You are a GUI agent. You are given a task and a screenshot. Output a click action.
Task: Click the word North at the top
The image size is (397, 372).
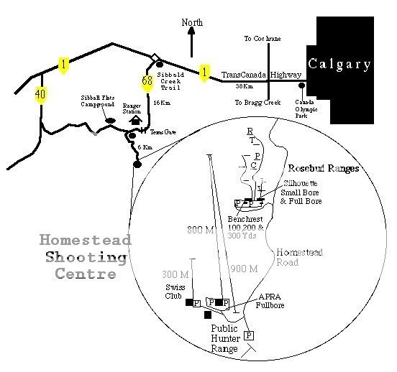[192, 22]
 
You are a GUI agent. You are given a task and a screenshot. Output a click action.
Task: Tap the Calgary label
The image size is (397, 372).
[339, 64]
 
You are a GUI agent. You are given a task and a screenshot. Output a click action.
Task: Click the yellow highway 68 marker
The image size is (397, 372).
[147, 81]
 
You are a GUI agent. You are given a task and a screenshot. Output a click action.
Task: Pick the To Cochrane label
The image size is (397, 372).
[263, 38]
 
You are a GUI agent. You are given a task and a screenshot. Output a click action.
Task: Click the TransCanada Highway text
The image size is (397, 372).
[260, 74]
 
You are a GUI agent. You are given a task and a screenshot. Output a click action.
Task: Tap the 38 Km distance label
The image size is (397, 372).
[244, 87]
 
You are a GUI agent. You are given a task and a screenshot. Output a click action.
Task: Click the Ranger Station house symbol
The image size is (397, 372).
[133, 121]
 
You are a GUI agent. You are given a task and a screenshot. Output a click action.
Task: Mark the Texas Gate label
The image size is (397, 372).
[163, 132]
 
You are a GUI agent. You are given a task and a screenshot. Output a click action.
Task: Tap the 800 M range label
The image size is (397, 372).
[201, 230]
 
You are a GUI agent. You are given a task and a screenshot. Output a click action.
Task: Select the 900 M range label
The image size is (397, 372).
[245, 269]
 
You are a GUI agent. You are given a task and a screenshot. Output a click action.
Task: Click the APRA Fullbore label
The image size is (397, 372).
[270, 301]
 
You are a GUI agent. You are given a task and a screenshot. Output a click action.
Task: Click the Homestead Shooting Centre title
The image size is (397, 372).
[85, 257]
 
